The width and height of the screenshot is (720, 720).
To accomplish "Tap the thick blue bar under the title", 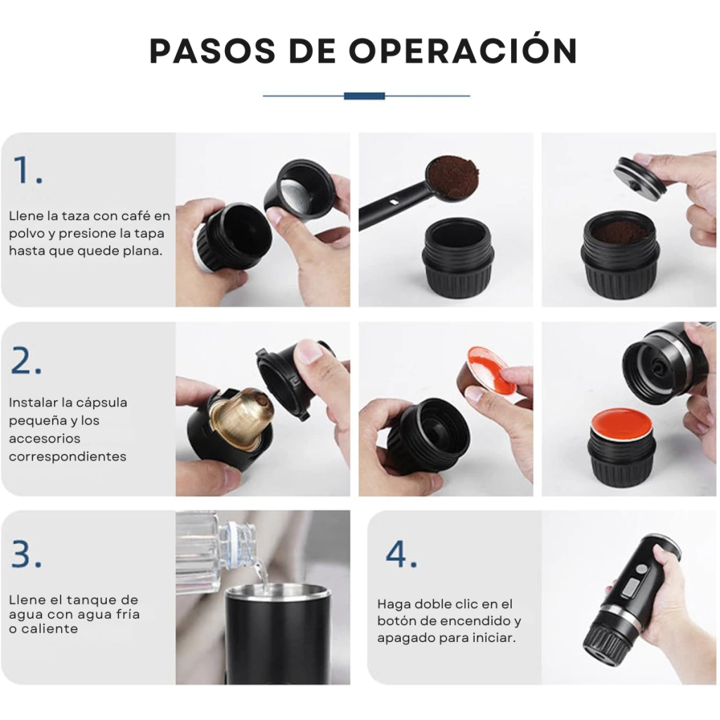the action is point(364,96).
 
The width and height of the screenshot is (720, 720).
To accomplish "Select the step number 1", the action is point(28,170).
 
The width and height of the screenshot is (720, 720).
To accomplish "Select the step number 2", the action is point(26,361).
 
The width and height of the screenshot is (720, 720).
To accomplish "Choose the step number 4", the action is point(401,553).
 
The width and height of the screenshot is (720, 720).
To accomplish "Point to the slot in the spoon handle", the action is point(394,201).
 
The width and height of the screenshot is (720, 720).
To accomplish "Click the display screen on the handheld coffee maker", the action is point(634,588).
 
